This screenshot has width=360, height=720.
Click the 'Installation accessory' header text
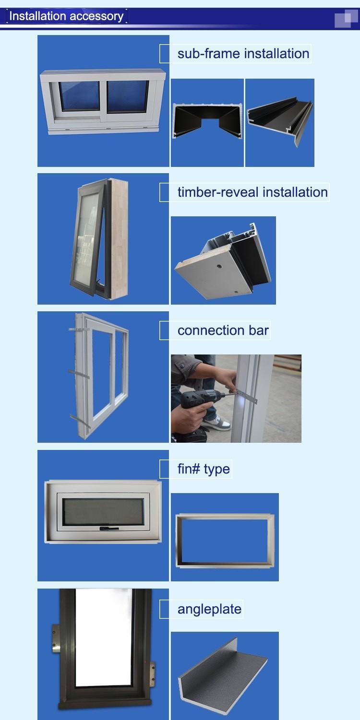point(66,16)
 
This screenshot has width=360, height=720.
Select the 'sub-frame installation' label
point(243,53)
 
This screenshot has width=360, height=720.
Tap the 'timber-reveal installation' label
point(252,192)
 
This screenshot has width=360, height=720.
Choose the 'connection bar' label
point(223,330)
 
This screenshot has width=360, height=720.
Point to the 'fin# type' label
point(204,469)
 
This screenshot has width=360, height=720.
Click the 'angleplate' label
point(209,609)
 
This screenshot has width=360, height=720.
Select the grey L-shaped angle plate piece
point(223,672)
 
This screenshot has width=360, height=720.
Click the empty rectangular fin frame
point(225,541)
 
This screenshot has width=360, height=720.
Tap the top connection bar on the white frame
point(79,330)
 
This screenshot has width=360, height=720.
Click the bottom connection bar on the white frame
point(80,421)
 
